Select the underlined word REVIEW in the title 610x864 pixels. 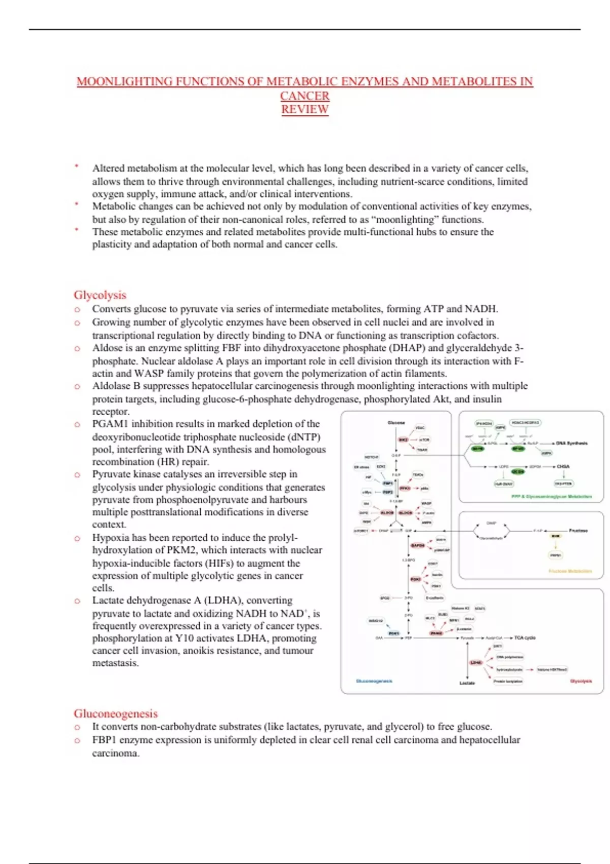click(305, 109)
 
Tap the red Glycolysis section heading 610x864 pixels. click(100, 295)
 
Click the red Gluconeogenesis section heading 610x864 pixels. click(115, 714)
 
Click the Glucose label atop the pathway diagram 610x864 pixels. click(396, 423)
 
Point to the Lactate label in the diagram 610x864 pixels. click(467, 683)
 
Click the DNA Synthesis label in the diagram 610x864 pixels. click(571, 443)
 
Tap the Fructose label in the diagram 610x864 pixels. click(578, 531)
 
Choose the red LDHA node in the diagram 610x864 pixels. click(476, 663)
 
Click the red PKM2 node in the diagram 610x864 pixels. click(436, 633)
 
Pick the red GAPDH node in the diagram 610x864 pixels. click(417, 545)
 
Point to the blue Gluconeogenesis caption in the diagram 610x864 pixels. click(374, 681)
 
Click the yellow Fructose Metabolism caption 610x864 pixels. click(570, 571)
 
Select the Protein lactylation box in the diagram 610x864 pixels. click(508, 682)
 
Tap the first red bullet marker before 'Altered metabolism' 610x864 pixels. click(77, 166)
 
